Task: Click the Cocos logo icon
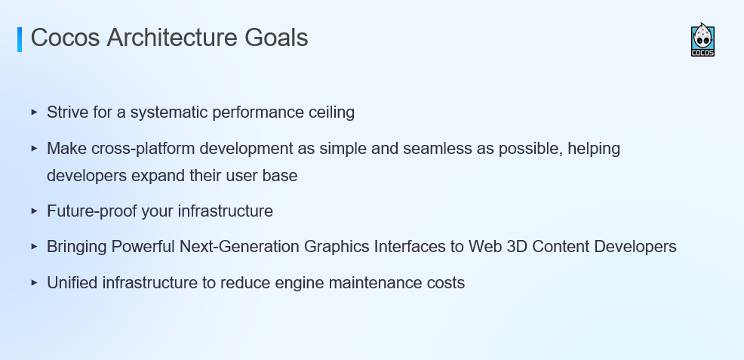tap(702, 40)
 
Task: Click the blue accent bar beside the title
tap(20, 39)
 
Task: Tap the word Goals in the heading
tap(277, 38)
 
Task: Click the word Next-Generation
tap(239, 247)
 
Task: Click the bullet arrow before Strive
tap(34, 112)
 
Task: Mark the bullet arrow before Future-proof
tap(34, 211)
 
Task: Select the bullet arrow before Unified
tap(34, 283)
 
